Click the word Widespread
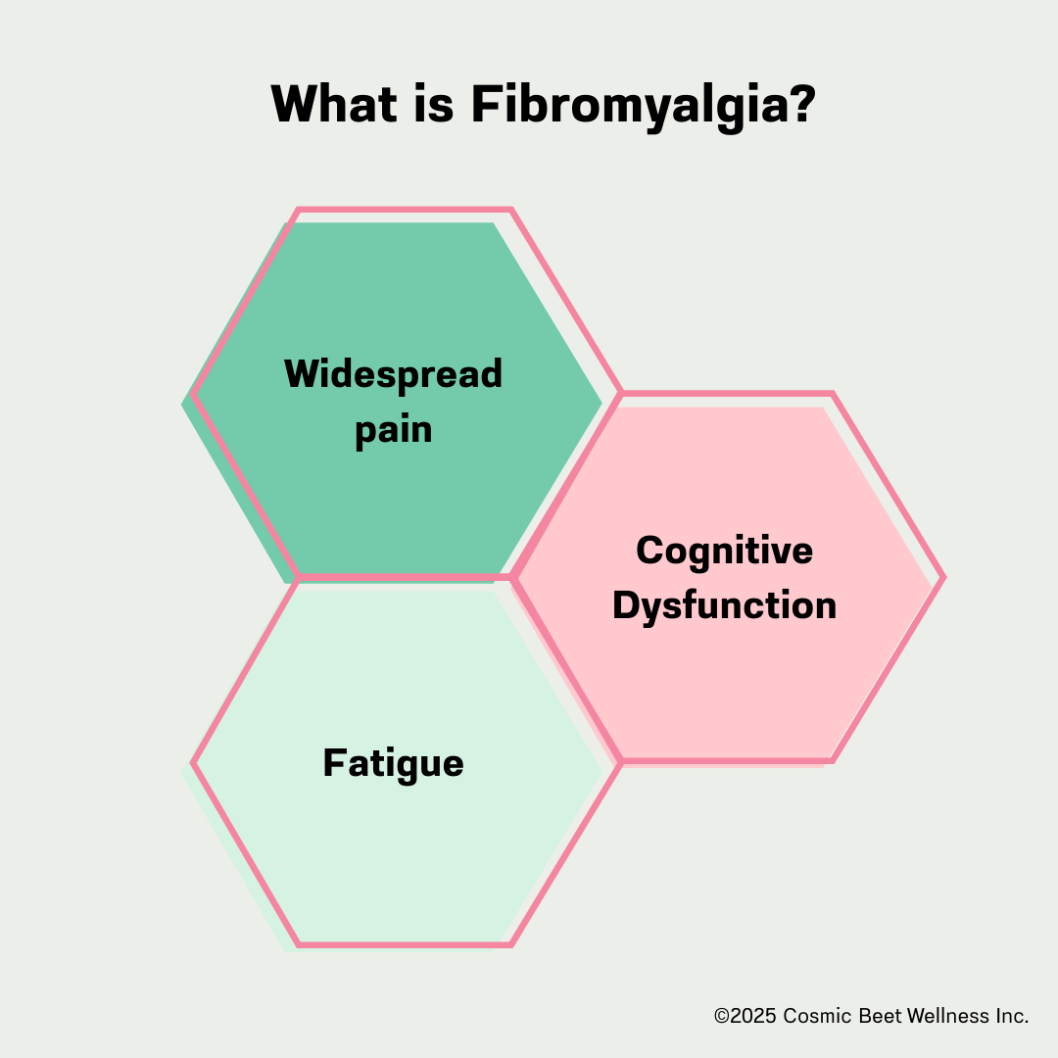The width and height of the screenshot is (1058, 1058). (393, 373)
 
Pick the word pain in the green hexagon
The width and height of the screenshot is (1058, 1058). (393, 430)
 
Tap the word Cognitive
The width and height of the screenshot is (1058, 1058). (724, 550)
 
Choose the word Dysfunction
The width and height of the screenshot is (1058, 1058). (724, 604)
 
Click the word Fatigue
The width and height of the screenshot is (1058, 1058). (393, 763)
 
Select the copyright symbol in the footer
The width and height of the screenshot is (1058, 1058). (722, 1017)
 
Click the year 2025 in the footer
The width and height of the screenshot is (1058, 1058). (753, 1017)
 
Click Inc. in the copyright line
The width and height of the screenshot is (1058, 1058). (1013, 1017)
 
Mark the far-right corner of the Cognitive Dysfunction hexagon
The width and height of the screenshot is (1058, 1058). (943, 577)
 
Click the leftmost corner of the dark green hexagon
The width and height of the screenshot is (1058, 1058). (183, 403)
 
